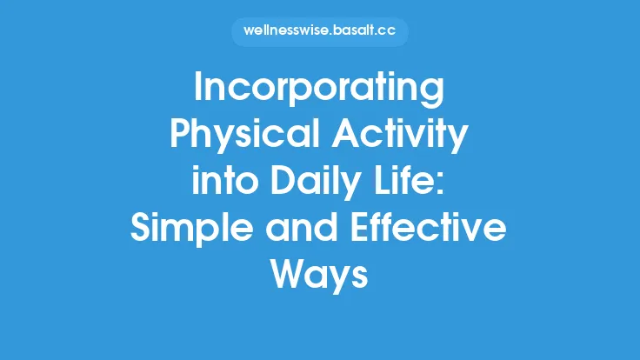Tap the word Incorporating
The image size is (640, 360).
319,90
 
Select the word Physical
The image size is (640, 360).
233,136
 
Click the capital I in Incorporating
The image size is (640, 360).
198,90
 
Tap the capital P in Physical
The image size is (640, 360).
177,136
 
